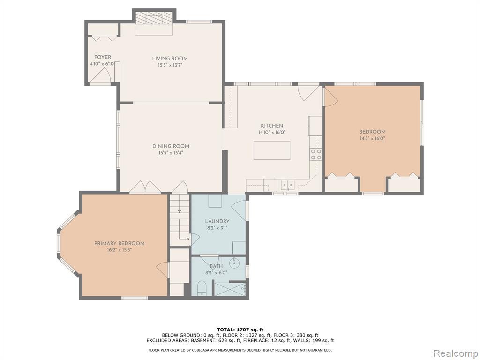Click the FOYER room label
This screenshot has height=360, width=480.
point(103,57)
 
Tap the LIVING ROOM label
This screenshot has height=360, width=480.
point(170,59)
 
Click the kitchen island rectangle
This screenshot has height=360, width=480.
point(272,150)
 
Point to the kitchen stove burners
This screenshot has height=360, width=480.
point(316,154)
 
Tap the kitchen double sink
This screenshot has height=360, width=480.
point(287,185)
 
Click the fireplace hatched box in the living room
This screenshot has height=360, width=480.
point(154,18)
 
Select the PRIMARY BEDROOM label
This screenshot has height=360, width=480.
point(120,243)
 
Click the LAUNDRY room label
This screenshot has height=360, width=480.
point(217,221)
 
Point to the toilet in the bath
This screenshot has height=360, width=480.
point(202,288)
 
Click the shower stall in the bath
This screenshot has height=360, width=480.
point(230,289)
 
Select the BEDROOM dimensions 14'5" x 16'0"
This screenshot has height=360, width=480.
point(372,138)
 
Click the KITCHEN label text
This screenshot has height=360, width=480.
point(272,126)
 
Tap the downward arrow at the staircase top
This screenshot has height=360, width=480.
point(180,209)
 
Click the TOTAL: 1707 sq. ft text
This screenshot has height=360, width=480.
point(240,330)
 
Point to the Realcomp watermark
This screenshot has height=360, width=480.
point(456,353)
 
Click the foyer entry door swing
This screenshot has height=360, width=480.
point(103,75)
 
